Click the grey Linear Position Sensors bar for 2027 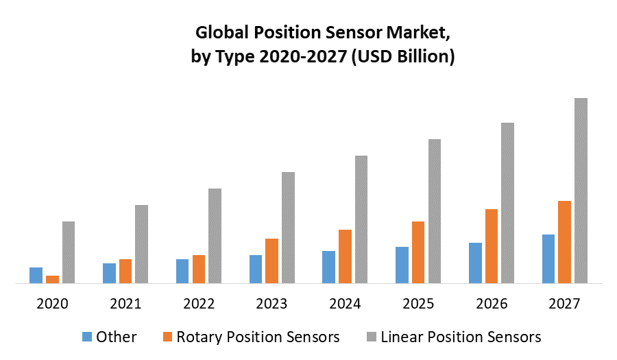pos(581,190)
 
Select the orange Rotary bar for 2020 pos(52,279)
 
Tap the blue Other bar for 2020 pos(36,275)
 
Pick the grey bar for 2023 pos(288,227)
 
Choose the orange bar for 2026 pos(492,245)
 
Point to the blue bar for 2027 pos(548,259)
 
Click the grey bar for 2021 pos(141,243)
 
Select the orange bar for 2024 pos(345,256)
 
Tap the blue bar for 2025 pos(402,265)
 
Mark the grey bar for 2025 pos(435,211)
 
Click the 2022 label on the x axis pos(199,304)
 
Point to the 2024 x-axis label pos(346,304)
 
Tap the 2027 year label pos(564,304)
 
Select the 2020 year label pos(52,304)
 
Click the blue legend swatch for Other pos(87,337)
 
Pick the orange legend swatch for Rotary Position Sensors pos(167,337)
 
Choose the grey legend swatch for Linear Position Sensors pos(372,337)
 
